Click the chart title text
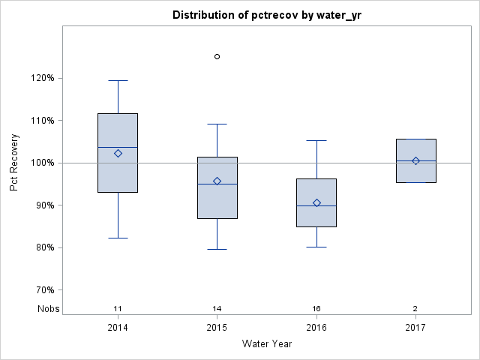coord(268,15)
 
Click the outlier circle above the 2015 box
coord(217,56)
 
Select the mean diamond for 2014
coord(118,153)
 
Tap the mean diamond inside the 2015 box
coord(217,181)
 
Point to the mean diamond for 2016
coord(316,202)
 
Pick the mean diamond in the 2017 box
coord(415,160)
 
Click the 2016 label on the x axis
coord(316,328)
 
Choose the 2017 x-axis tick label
coord(415,328)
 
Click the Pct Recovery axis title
coord(15,163)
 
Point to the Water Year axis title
coord(267,344)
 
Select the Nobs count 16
coord(316,309)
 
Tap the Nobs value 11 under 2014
coord(118,309)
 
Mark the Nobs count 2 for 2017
coord(415,309)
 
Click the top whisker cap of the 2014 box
coord(118,80)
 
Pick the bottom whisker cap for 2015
coord(217,249)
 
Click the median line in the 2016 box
coord(316,205)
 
